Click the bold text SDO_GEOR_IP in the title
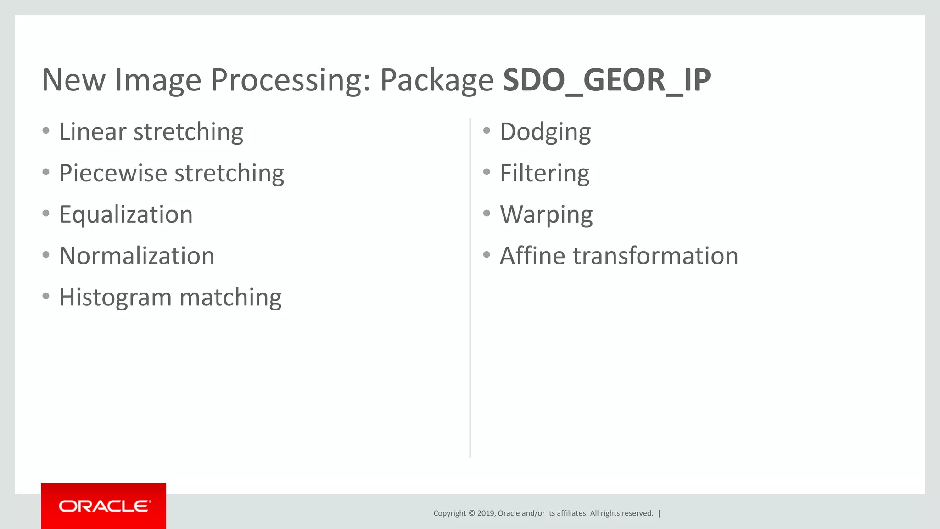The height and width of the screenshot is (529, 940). coord(606,80)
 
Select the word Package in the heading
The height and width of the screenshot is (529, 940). coord(436,81)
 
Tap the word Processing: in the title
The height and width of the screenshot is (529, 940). coord(290,81)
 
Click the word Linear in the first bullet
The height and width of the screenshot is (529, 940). coord(92,132)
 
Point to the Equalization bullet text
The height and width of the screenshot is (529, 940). coord(126,215)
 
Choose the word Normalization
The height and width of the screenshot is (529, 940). coord(137,256)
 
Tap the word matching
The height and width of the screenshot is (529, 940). coord(230,298)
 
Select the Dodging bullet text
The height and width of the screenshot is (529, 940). coord(545,133)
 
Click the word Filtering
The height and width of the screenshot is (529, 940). coord(544,174)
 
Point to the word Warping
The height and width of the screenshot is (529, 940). coord(546,215)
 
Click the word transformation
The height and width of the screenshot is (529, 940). coord(655,256)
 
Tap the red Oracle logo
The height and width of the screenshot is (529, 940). coord(104,506)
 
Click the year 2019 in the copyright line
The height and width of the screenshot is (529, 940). coord(486,513)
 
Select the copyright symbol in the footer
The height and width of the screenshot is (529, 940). coord(471,513)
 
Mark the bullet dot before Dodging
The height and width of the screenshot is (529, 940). coord(487,131)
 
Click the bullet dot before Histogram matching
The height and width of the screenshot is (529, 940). coord(46,296)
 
